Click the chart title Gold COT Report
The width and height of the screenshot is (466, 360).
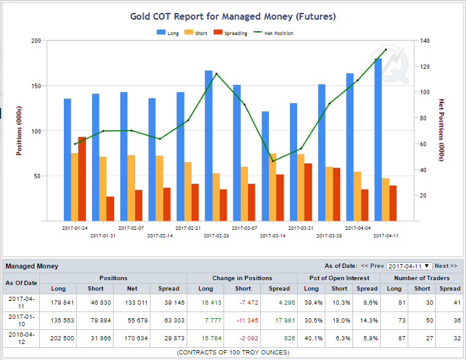point(233,17)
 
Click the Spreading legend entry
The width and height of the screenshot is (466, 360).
point(230,33)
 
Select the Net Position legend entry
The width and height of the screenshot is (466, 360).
point(273,33)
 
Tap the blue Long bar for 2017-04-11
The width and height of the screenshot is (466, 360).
point(378,139)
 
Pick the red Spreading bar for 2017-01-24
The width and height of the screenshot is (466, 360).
point(82,179)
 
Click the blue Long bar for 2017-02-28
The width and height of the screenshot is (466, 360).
point(209,146)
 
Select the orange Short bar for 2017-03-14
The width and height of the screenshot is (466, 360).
point(273,187)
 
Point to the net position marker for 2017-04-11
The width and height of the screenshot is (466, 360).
point(386,49)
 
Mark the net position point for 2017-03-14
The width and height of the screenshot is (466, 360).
point(273,161)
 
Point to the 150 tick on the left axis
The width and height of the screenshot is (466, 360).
point(36,86)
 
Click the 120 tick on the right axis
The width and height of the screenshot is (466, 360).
point(425,66)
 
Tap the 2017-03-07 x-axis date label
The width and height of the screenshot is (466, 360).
point(244,228)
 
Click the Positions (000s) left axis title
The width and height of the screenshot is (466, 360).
point(19,130)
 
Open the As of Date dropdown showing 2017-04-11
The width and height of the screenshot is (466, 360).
point(410,266)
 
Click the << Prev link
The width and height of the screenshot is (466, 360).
point(373,266)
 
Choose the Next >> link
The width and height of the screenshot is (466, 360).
point(446,266)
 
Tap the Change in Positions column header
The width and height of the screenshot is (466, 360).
point(243,278)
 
